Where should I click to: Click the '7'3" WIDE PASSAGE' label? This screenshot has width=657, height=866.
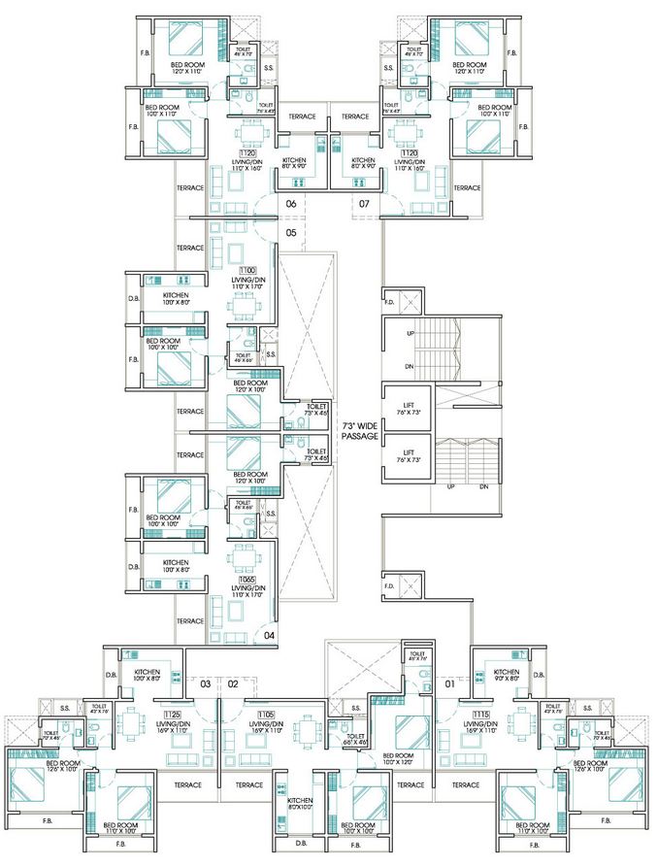(358, 431)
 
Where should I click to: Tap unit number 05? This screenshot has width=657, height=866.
(290, 233)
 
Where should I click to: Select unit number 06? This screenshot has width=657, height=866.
(290, 204)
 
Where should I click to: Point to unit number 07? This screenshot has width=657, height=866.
(364, 204)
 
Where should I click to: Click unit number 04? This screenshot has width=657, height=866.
(269, 636)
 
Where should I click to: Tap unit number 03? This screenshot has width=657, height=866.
(206, 684)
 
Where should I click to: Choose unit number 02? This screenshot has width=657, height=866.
(233, 684)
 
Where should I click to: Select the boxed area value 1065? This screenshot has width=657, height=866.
(246, 579)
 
